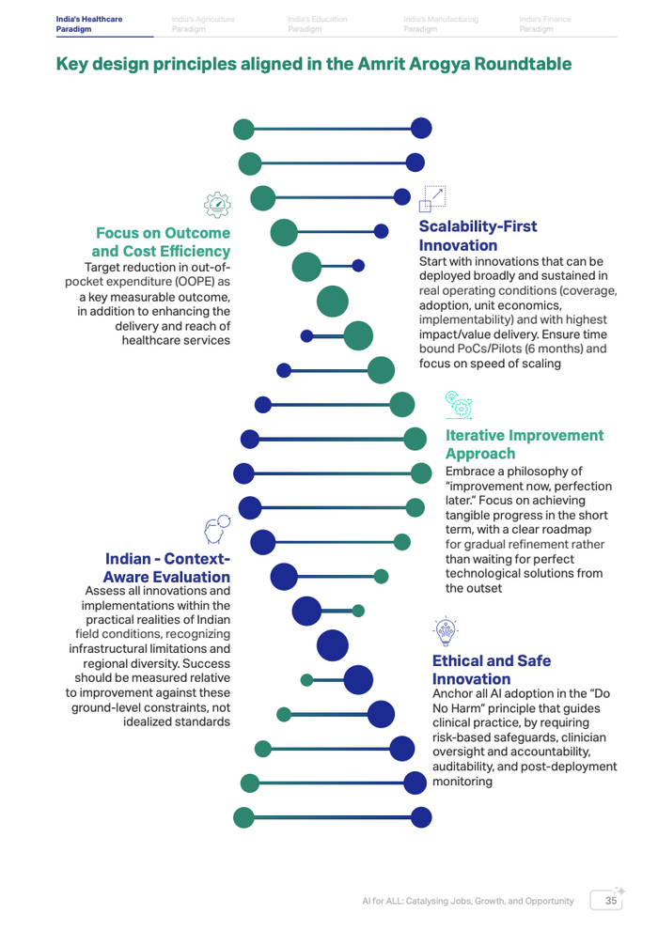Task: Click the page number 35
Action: [x=611, y=901]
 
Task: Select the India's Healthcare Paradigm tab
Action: [x=88, y=23]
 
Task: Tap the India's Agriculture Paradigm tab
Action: [x=203, y=23]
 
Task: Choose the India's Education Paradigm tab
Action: [x=317, y=23]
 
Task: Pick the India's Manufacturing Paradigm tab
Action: [x=440, y=23]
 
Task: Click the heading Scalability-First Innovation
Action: [x=478, y=236]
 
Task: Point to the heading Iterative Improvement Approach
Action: [x=524, y=444]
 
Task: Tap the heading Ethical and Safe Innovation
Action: [x=491, y=670]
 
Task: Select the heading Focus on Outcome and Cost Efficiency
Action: [x=163, y=241]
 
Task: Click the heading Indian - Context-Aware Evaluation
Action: [x=167, y=567]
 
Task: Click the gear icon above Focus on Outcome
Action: [x=217, y=203]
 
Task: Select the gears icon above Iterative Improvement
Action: [x=458, y=404]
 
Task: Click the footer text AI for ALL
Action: [x=384, y=901]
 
